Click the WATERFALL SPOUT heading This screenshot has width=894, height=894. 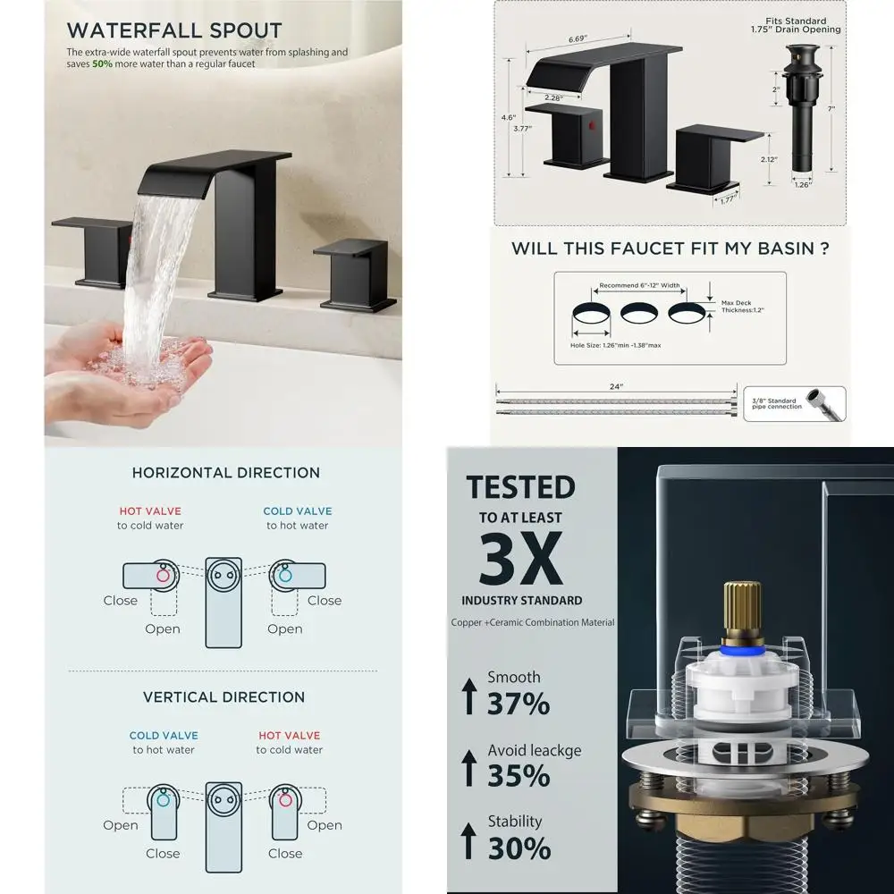click(x=174, y=31)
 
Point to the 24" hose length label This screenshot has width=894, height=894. click(x=616, y=387)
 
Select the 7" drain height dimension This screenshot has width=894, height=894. click(x=831, y=108)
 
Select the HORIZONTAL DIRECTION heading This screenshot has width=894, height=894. click(x=225, y=473)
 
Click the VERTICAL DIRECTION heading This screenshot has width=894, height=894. click(x=223, y=697)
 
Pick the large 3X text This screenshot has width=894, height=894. click(x=521, y=558)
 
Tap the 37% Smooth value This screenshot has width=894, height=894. click(x=518, y=704)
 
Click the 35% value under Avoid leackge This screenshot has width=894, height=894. click(x=518, y=776)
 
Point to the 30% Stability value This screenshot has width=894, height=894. click(x=518, y=848)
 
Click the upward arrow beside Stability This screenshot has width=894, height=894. click(x=468, y=840)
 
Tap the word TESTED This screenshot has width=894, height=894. click(x=520, y=487)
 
